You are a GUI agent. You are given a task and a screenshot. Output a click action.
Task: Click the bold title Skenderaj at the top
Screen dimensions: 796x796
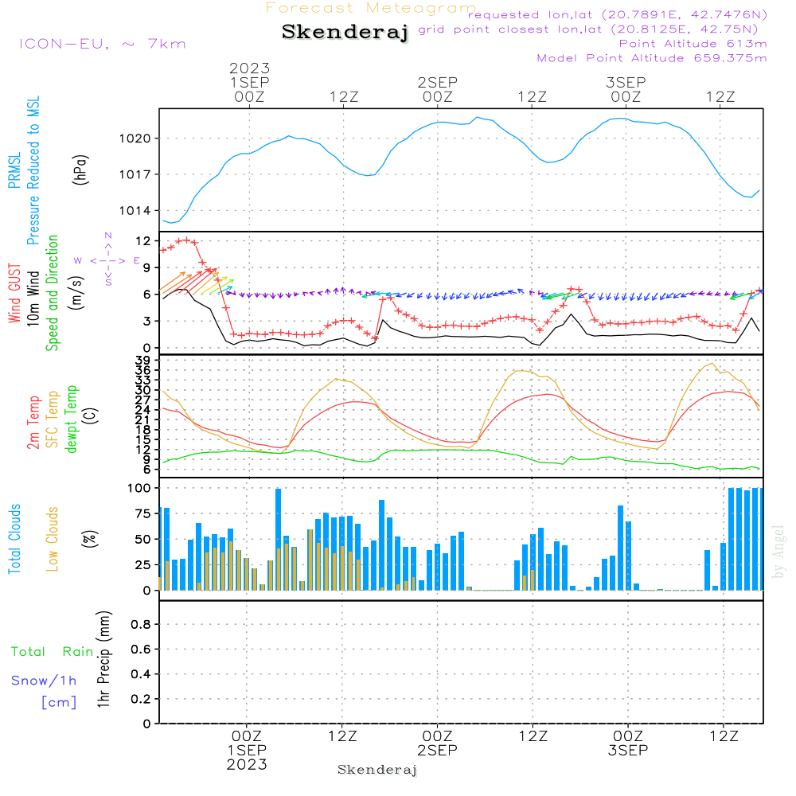click(x=345, y=32)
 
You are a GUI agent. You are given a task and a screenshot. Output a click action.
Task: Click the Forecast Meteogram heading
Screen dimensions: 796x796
click(x=371, y=8)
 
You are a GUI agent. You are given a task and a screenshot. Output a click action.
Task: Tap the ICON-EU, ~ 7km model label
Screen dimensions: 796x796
click(x=102, y=44)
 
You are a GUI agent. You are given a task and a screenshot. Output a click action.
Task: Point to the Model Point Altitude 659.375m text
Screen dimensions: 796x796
click(x=652, y=58)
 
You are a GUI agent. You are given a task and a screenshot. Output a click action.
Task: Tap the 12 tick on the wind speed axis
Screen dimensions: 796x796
click(x=143, y=240)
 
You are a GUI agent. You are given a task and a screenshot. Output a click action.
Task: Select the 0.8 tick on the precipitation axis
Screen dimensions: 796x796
click(x=141, y=625)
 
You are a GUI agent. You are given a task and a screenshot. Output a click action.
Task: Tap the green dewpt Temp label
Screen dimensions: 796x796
click(x=72, y=419)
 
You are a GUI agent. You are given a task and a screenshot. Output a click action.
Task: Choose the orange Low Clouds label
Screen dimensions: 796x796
click(x=53, y=539)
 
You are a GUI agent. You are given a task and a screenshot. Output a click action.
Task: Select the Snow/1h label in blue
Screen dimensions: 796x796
click(x=44, y=681)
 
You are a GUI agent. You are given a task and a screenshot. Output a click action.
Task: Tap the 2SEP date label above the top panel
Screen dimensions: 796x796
click(x=437, y=83)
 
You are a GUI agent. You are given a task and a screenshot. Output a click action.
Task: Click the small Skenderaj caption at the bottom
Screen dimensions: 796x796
click(x=377, y=770)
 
